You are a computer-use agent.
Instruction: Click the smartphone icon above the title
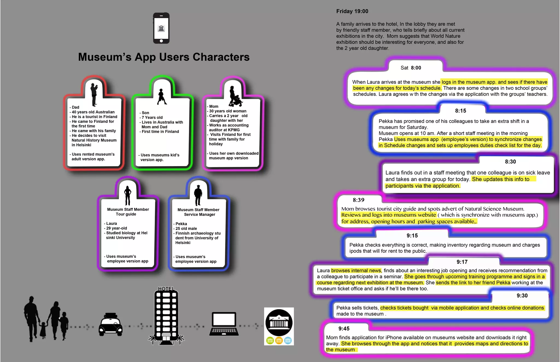coord(161,28)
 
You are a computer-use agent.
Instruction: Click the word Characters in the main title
coord(221,57)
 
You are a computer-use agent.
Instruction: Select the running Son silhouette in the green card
coord(162,97)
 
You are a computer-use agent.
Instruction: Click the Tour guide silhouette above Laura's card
coord(128,195)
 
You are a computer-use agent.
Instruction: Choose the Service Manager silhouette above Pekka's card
coord(198,195)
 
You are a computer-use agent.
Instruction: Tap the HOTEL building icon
coord(166,315)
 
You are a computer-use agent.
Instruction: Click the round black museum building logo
coord(279,323)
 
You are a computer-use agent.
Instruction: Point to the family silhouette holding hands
coord(46,319)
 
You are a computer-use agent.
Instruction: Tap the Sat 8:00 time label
coord(411,68)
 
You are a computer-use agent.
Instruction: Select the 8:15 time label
coord(460,111)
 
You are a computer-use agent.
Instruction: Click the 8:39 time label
coord(358,200)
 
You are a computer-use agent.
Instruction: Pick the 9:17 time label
coord(462,262)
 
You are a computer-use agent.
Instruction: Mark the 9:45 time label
coord(344,329)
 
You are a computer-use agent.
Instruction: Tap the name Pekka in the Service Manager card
coord(181,224)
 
